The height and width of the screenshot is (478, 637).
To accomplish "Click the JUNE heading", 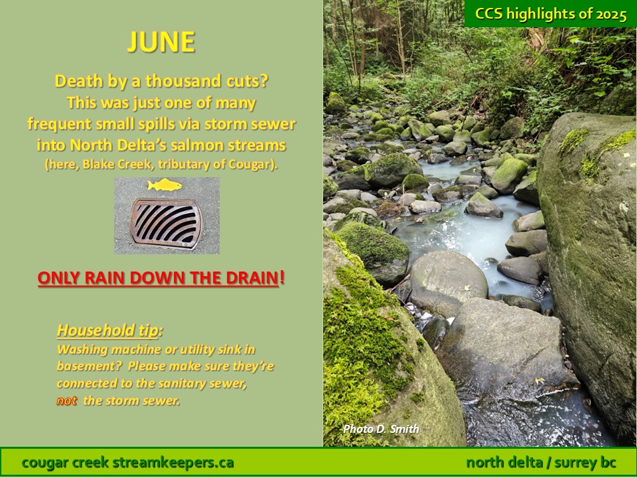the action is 161,42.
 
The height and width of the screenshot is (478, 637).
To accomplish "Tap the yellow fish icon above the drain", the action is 165,185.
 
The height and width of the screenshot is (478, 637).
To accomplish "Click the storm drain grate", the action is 166,223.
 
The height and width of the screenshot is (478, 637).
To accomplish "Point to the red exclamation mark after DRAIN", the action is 283,278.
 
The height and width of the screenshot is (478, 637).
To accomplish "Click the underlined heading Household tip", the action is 107,331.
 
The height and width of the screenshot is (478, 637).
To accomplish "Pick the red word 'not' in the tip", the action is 66,401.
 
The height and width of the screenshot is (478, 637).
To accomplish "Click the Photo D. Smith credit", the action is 381,429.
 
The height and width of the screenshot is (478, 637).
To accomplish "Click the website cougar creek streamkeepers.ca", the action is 127,462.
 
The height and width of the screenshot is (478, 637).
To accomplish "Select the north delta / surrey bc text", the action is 541,462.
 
